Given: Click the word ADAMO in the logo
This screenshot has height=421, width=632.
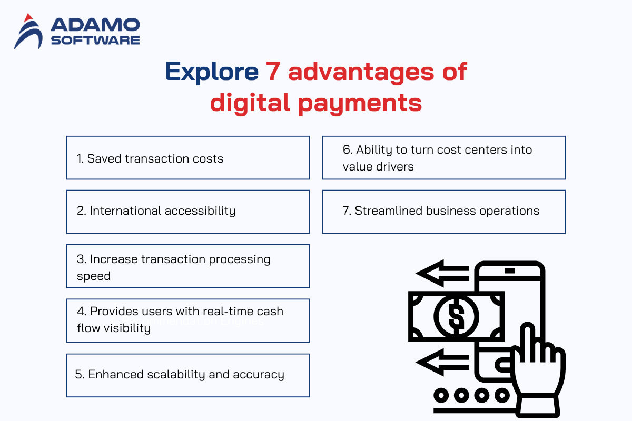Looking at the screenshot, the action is pos(95,25).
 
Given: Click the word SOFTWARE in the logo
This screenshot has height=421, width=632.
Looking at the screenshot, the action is pos(95,41).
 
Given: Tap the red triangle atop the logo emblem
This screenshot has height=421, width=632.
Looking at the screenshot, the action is pos(28,18).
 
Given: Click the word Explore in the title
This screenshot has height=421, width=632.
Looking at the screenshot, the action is pos(212,72).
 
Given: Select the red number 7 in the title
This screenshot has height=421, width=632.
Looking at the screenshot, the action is pos(273,72).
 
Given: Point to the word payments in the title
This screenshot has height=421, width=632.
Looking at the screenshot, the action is pos(360,104).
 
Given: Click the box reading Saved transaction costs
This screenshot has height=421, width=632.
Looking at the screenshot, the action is pos(188,158).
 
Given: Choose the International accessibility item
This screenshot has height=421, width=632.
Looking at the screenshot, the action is pos(188,212).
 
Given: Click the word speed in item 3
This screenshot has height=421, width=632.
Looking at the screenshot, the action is pos(94,276).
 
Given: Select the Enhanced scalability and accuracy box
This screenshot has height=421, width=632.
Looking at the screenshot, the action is pos(188,375).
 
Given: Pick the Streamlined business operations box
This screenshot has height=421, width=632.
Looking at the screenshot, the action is pos(444,212).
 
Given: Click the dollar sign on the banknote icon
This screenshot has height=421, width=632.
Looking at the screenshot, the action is pos(456,316).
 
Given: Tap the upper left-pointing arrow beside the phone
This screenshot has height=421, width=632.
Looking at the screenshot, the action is pos(442,273).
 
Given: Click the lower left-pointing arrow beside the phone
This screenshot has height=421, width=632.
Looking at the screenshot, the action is pos(442,362).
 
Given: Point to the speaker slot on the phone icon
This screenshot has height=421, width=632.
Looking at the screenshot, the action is pos(510,271).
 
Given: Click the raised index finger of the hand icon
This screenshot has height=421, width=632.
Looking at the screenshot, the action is pos(527,341).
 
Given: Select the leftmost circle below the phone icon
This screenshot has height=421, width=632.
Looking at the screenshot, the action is pos(441,395).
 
